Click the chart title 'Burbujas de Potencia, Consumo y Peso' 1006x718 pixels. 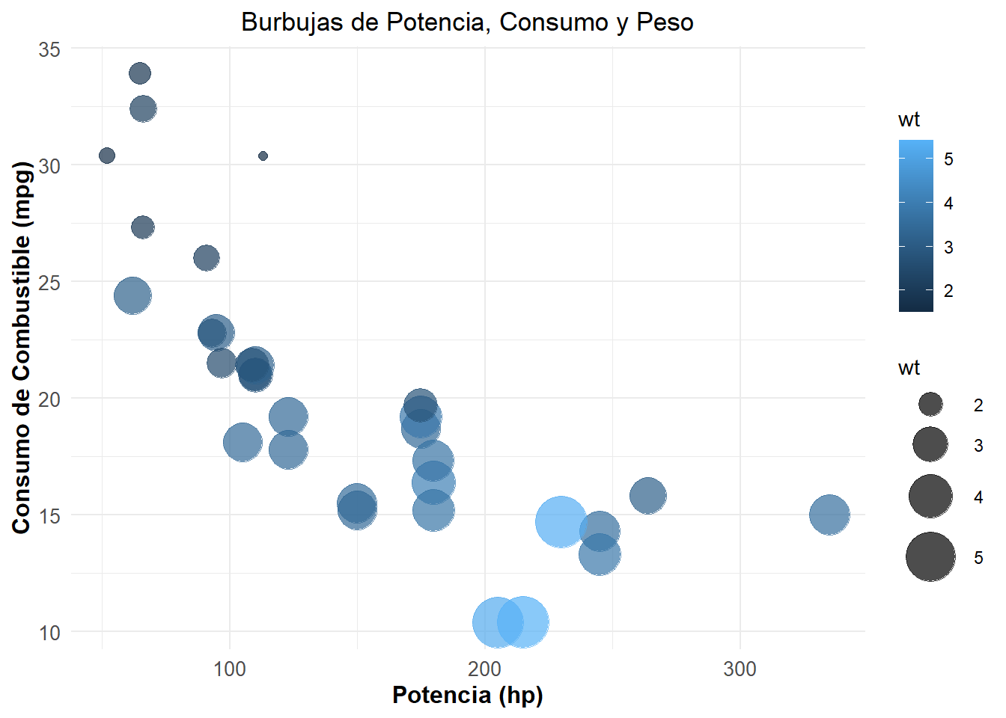tap(467, 22)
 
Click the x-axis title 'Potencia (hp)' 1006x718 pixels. tap(467, 695)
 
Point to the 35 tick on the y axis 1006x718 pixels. tap(49, 49)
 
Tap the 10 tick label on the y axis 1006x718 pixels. tap(49, 633)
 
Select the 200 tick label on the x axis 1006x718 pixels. tap(484, 669)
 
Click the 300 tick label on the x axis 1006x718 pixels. tap(740, 669)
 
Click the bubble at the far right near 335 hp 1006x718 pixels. tap(829, 515)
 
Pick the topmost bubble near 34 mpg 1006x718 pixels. tap(140, 73)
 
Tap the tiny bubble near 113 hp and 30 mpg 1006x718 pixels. tap(263, 156)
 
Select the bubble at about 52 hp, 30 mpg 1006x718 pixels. tap(107, 156)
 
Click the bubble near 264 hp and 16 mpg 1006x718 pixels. tap(647, 495)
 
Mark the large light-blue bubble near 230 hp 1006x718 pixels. tap(561, 522)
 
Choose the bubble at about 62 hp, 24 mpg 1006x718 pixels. tap(132, 295)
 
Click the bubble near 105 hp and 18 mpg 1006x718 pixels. tap(242, 442)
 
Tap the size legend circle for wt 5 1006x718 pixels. tap(930, 557)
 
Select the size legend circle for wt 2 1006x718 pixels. tap(930, 405)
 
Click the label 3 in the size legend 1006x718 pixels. tap(978, 447)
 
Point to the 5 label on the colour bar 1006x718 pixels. tap(948, 159)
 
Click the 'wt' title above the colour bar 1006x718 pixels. tap(909, 120)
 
